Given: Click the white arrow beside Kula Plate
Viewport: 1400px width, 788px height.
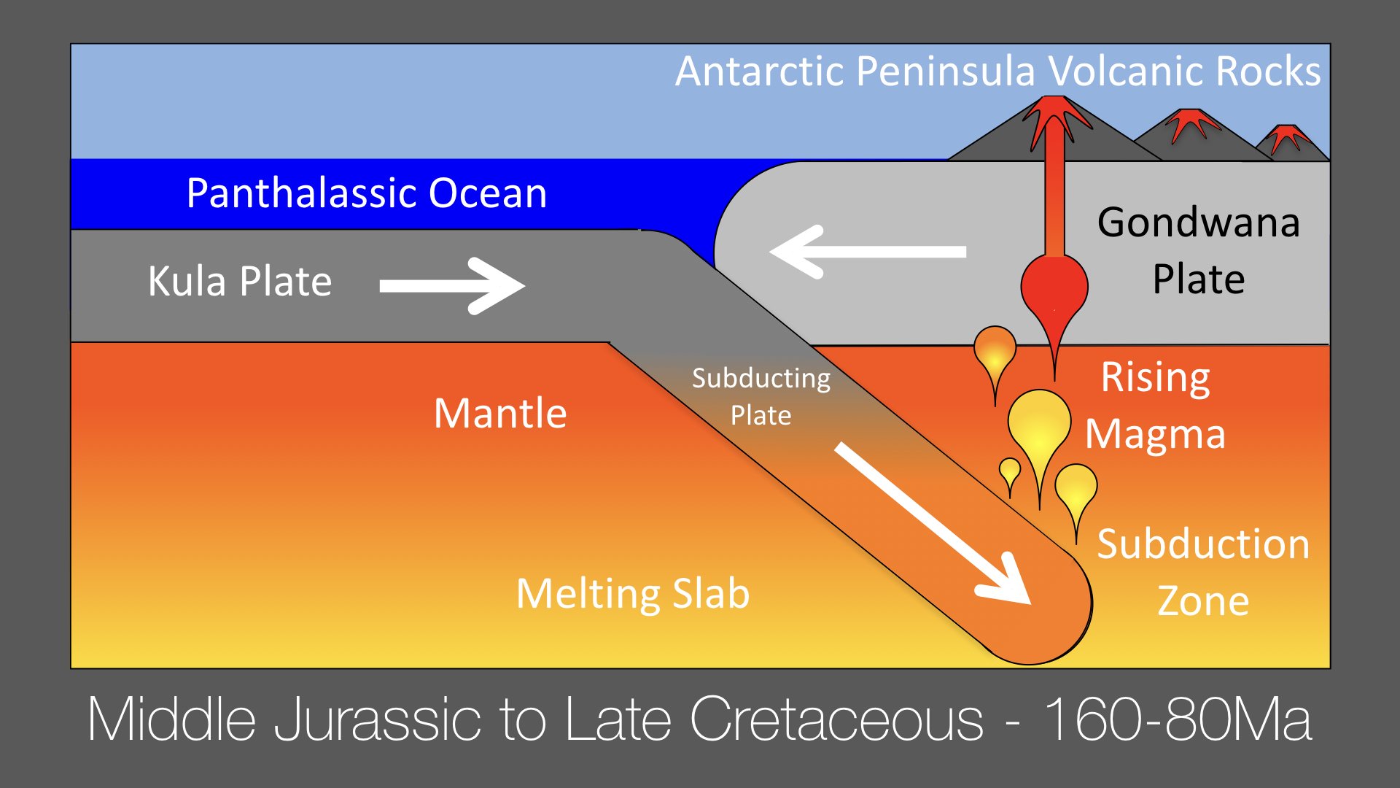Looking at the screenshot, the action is (452, 286).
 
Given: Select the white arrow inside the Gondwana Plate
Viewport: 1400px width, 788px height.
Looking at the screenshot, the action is (868, 252).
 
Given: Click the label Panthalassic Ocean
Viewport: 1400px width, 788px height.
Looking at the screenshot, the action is (367, 194).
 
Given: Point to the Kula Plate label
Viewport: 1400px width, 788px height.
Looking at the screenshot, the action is (240, 281).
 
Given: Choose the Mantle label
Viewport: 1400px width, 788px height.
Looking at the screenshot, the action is (500, 413).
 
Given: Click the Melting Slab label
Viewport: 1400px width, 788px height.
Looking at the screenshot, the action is (633, 593).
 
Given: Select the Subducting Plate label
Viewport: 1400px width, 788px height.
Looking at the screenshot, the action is (761, 396).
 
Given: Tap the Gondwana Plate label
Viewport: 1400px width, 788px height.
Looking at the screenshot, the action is (1199, 250).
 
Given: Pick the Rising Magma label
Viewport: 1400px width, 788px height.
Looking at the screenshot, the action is (1156, 406).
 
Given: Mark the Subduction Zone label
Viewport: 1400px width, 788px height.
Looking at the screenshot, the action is (1203, 572).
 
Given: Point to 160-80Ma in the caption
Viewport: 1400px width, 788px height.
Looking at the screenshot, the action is (1178, 719).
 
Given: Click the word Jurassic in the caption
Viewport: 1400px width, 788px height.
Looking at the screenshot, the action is (377, 719).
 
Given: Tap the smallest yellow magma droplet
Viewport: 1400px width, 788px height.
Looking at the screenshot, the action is (1010, 474).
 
